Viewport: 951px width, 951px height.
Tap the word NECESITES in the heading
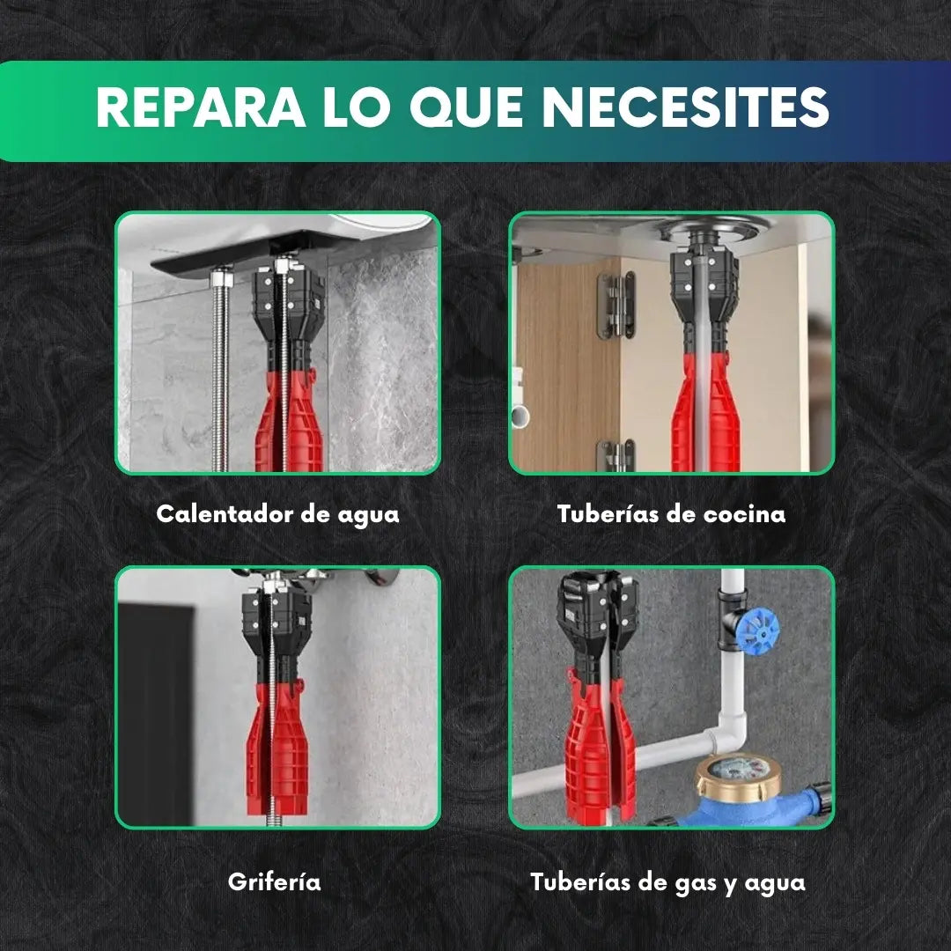pos(685,108)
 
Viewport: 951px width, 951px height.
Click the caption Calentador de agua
pos(277,514)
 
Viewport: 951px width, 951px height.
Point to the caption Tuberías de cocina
pos(671,514)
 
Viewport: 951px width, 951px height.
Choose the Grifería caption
pos(274,881)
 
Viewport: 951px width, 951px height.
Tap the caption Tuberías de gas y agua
pos(667,881)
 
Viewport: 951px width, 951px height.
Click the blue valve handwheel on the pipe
pos(756,629)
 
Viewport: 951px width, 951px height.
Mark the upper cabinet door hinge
pos(617,303)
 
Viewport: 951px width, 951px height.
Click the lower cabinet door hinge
pos(616,455)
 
